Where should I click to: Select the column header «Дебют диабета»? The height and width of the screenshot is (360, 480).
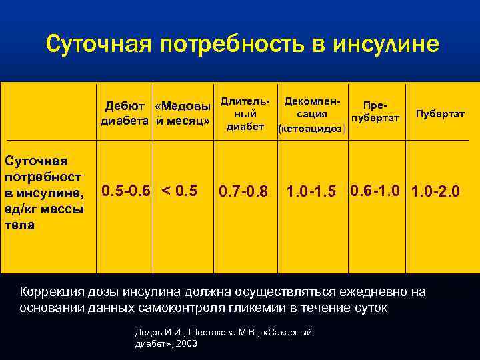(126, 113)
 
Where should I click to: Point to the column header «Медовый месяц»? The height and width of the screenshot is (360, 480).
(182, 113)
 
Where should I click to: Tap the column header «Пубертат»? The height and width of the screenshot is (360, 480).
(440, 114)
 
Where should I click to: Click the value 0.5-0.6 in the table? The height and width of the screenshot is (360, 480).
(126, 191)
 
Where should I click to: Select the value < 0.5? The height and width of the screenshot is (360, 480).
(180, 191)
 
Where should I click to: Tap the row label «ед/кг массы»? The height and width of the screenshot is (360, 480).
(44, 209)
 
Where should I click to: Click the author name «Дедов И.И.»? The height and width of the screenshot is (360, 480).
(158, 331)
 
